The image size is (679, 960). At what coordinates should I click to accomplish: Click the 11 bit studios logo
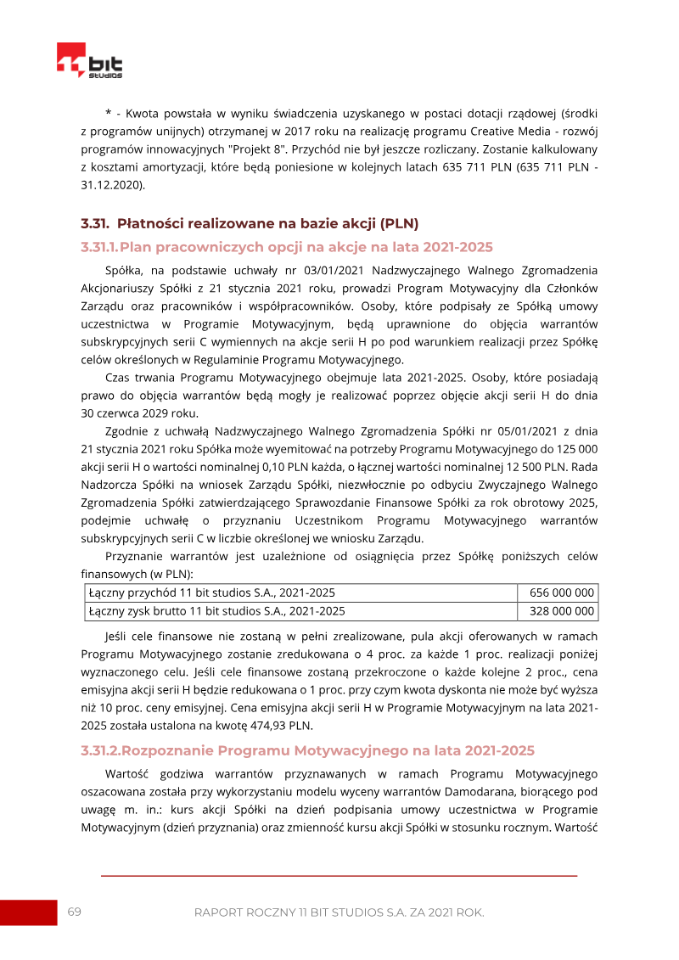coord(90,62)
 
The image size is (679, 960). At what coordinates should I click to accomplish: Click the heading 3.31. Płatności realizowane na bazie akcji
coord(250,224)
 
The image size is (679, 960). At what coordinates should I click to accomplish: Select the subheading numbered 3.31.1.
coord(286,247)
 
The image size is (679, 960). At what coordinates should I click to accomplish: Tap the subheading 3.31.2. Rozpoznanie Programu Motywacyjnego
coord(307,750)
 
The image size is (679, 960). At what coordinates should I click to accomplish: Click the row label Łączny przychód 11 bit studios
coord(216,593)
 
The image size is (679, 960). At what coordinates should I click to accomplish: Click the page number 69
coord(74,912)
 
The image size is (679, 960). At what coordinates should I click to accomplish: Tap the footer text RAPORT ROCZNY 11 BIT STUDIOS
coord(339,912)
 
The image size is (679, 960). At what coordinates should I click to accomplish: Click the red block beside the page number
coord(27,912)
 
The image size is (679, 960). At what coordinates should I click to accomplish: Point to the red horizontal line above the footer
coord(339,875)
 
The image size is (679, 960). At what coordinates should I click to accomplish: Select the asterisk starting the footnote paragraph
coord(109,113)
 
